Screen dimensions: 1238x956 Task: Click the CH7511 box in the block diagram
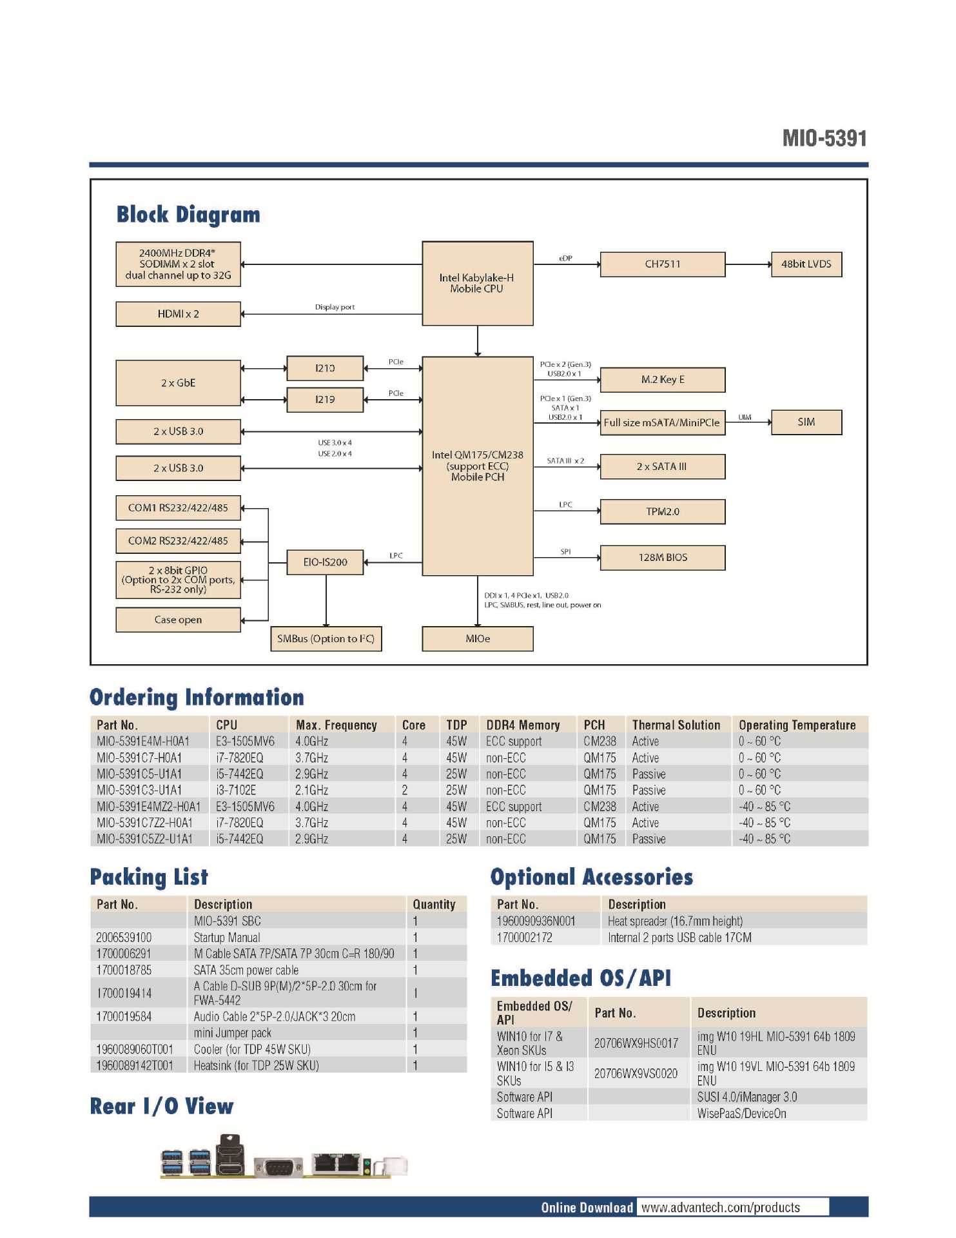tap(662, 264)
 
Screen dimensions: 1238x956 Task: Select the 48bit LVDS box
tap(806, 264)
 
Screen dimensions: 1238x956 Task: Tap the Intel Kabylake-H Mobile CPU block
tap(477, 283)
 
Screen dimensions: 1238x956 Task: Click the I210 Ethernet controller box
tap(325, 368)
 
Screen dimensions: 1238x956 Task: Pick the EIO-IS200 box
tap(325, 562)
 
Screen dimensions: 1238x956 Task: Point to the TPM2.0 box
tap(662, 511)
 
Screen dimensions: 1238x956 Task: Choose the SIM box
tap(806, 422)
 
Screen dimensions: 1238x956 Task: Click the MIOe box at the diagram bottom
tap(477, 639)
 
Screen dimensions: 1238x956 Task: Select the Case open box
tap(178, 620)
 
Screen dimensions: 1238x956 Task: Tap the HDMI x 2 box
tap(178, 314)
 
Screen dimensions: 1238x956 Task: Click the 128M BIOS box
tap(662, 558)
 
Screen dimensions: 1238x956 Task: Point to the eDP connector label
tap(565, 259)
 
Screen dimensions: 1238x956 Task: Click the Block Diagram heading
tap(188, 215)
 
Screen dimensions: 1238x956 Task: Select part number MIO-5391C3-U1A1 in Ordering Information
tap(139, 791)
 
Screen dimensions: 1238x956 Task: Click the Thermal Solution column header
tap(676, 725)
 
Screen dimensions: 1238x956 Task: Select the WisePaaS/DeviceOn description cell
tap(741, 1114)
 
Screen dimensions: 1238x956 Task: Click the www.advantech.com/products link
tap(720, 1208)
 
